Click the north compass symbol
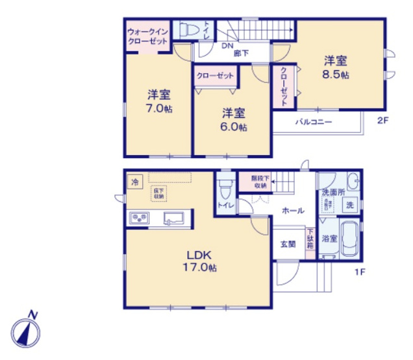tap(27, 331)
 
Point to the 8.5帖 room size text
tap(336, 75)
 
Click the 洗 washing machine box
tap(350, 206)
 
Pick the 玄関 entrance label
tap(288, 244)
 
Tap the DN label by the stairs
tap(227, 46)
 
